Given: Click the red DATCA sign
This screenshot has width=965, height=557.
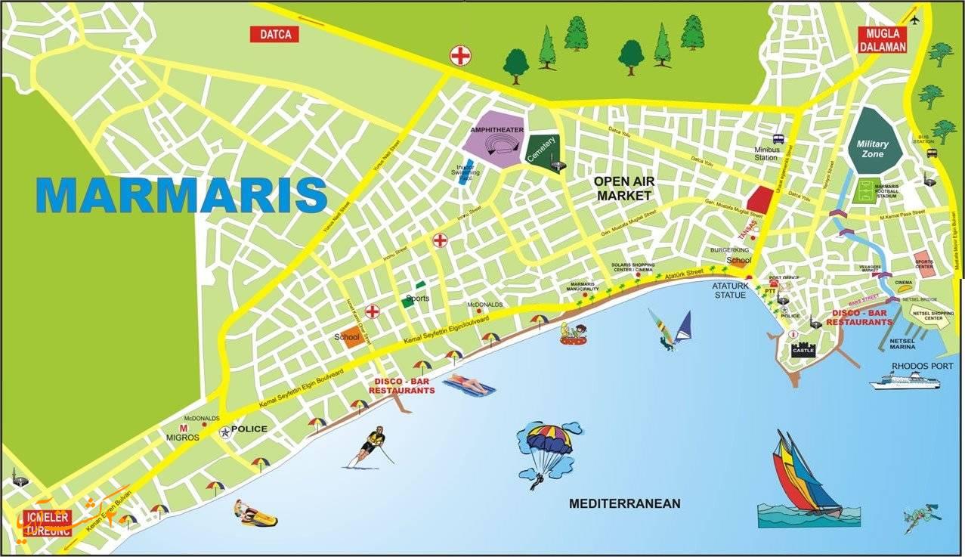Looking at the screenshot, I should pos(274,34).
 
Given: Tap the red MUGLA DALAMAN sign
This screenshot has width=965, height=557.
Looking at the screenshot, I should pos(882,41).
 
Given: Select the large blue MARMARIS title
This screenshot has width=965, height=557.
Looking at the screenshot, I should pos(182,195).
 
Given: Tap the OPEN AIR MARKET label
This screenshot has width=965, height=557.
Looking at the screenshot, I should pos(623,188).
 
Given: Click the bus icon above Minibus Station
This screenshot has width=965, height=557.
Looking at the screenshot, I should pos(778,139).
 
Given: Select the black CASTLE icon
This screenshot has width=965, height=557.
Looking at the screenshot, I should pos(802,350).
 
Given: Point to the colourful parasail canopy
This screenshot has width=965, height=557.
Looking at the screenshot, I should pos(549,438).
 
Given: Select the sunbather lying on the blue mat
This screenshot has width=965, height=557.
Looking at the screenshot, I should pos(469,385).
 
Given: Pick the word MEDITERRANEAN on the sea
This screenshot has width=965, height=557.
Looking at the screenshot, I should pos(624,503).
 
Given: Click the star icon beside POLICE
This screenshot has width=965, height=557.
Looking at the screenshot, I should pos(224,432).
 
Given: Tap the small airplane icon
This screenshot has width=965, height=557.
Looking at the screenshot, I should pos(914,18).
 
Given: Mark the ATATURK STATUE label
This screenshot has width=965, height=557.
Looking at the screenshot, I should pos(728,290).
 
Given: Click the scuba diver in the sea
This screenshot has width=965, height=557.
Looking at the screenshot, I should pos(921,518).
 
